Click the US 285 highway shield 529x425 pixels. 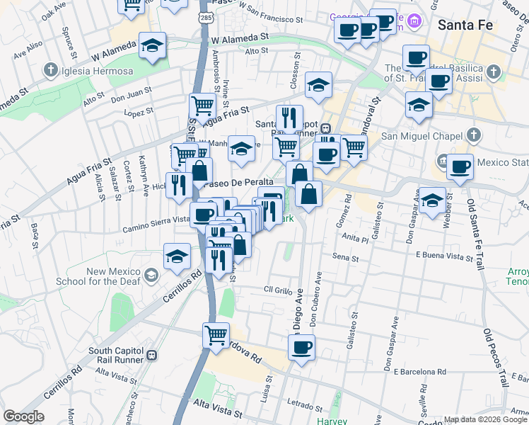204,17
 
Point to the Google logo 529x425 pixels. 23,416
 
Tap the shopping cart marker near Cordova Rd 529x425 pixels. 216,334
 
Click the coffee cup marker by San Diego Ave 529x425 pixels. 301,347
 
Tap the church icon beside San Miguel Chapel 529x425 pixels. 474,135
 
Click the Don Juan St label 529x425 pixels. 132,91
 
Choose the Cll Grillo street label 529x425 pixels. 278,289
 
